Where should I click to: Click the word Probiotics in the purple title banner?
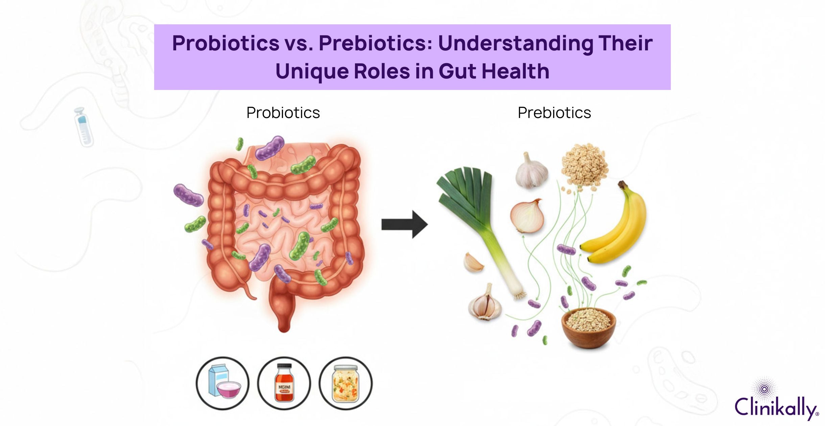(226, 43)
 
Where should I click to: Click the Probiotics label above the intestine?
(283, 113)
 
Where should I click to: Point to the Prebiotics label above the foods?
(554, 113)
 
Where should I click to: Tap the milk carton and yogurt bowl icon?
(222, 383)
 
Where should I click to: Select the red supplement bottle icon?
(284, 383)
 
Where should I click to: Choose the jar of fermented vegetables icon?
(345, 383)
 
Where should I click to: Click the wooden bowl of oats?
(588, 328)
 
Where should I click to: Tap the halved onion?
(527, 216)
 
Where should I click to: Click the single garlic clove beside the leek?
(473, 262)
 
